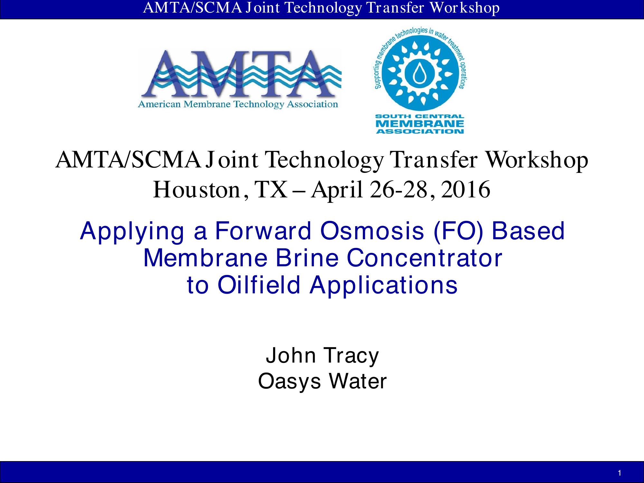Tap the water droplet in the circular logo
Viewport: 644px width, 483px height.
point(419,75)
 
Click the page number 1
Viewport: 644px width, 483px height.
point(620,473)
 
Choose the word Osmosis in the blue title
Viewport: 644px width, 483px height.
point(372,231)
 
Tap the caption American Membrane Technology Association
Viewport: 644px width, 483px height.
point(238,104)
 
